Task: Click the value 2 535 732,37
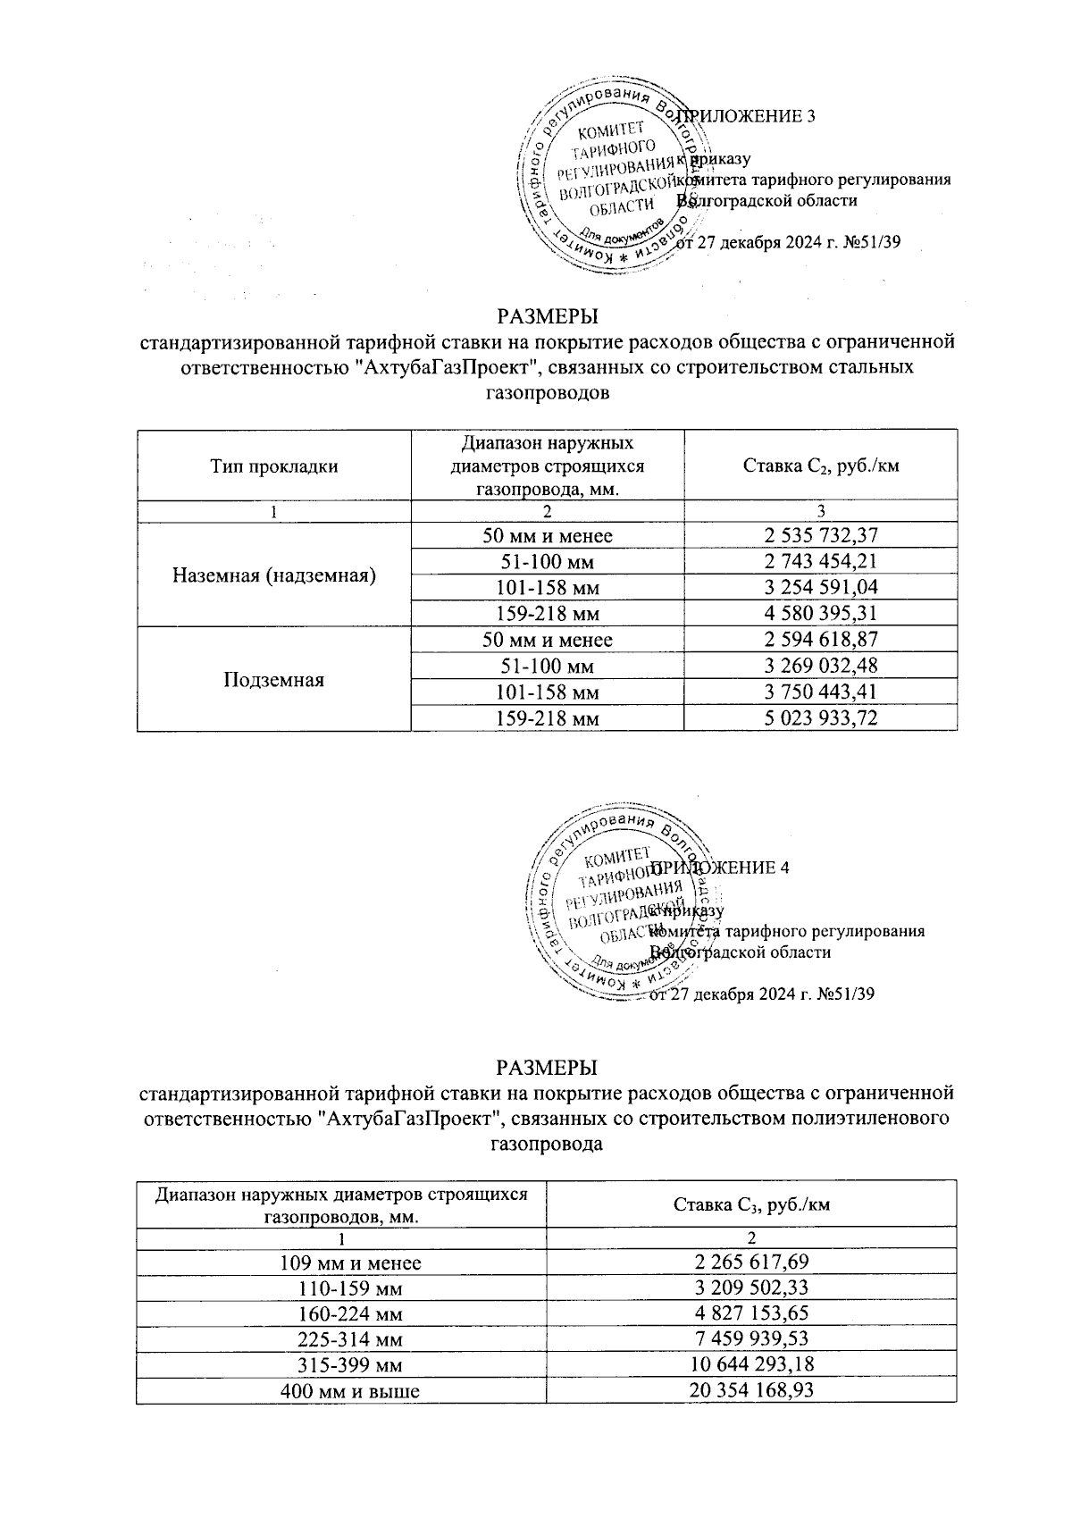pos(820,536)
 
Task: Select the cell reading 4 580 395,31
pos(820,614)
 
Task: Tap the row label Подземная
pos(273,680)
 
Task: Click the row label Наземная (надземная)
pos(273,575)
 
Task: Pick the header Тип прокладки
pos(273,466)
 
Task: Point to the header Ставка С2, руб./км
pos(820,466)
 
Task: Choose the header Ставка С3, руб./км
pos(751,1204)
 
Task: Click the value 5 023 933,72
pos(820,718)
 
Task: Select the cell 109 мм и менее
pos(340,1263)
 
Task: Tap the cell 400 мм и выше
pos(340,1391)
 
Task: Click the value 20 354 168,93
pos(751,1391)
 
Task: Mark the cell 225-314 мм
pos(340,1340)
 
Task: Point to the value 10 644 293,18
pos(751,1365)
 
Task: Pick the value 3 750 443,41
pos(820,692)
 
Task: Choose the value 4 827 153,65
pos(751,1314)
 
